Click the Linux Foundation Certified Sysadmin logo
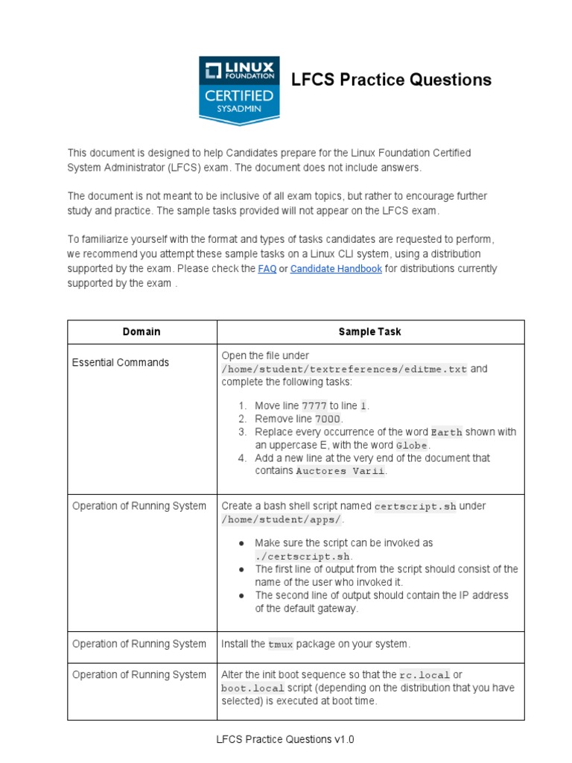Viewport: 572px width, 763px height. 239,89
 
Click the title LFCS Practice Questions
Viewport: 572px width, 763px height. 391,80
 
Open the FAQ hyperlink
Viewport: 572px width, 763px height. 267,269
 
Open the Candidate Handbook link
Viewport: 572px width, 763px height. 336,269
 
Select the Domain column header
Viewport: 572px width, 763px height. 142,332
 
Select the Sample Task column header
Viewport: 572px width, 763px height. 369,332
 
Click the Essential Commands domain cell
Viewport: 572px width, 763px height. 121,363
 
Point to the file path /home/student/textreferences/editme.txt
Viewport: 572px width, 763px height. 344,370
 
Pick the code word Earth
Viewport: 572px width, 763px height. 447,433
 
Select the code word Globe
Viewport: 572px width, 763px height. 413,446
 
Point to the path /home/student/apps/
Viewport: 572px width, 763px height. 282,519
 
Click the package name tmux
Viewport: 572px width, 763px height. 281,645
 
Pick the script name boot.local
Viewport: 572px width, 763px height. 252,688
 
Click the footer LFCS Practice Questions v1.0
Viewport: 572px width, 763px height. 285,740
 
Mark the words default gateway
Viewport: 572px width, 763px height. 313,609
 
